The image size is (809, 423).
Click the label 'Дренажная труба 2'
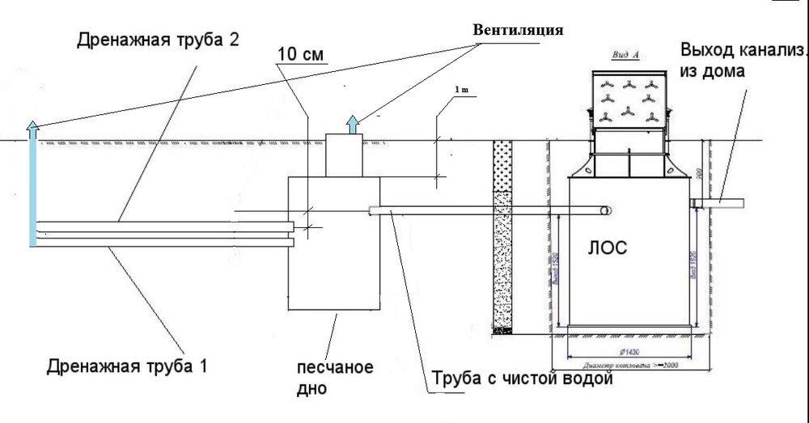[x=158, y=40]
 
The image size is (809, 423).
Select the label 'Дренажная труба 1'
[x=127, y=366]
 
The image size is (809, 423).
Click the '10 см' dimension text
[x=300, y=54]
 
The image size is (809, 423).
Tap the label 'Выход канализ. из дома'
[x=743, y=60]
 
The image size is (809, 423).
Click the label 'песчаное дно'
[x=334, y=378]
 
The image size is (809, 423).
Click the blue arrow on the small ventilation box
[x=354, y=124]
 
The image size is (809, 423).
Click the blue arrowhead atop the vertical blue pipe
[x=32, y=125]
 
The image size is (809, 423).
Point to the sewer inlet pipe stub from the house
[x=720, y=201]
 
